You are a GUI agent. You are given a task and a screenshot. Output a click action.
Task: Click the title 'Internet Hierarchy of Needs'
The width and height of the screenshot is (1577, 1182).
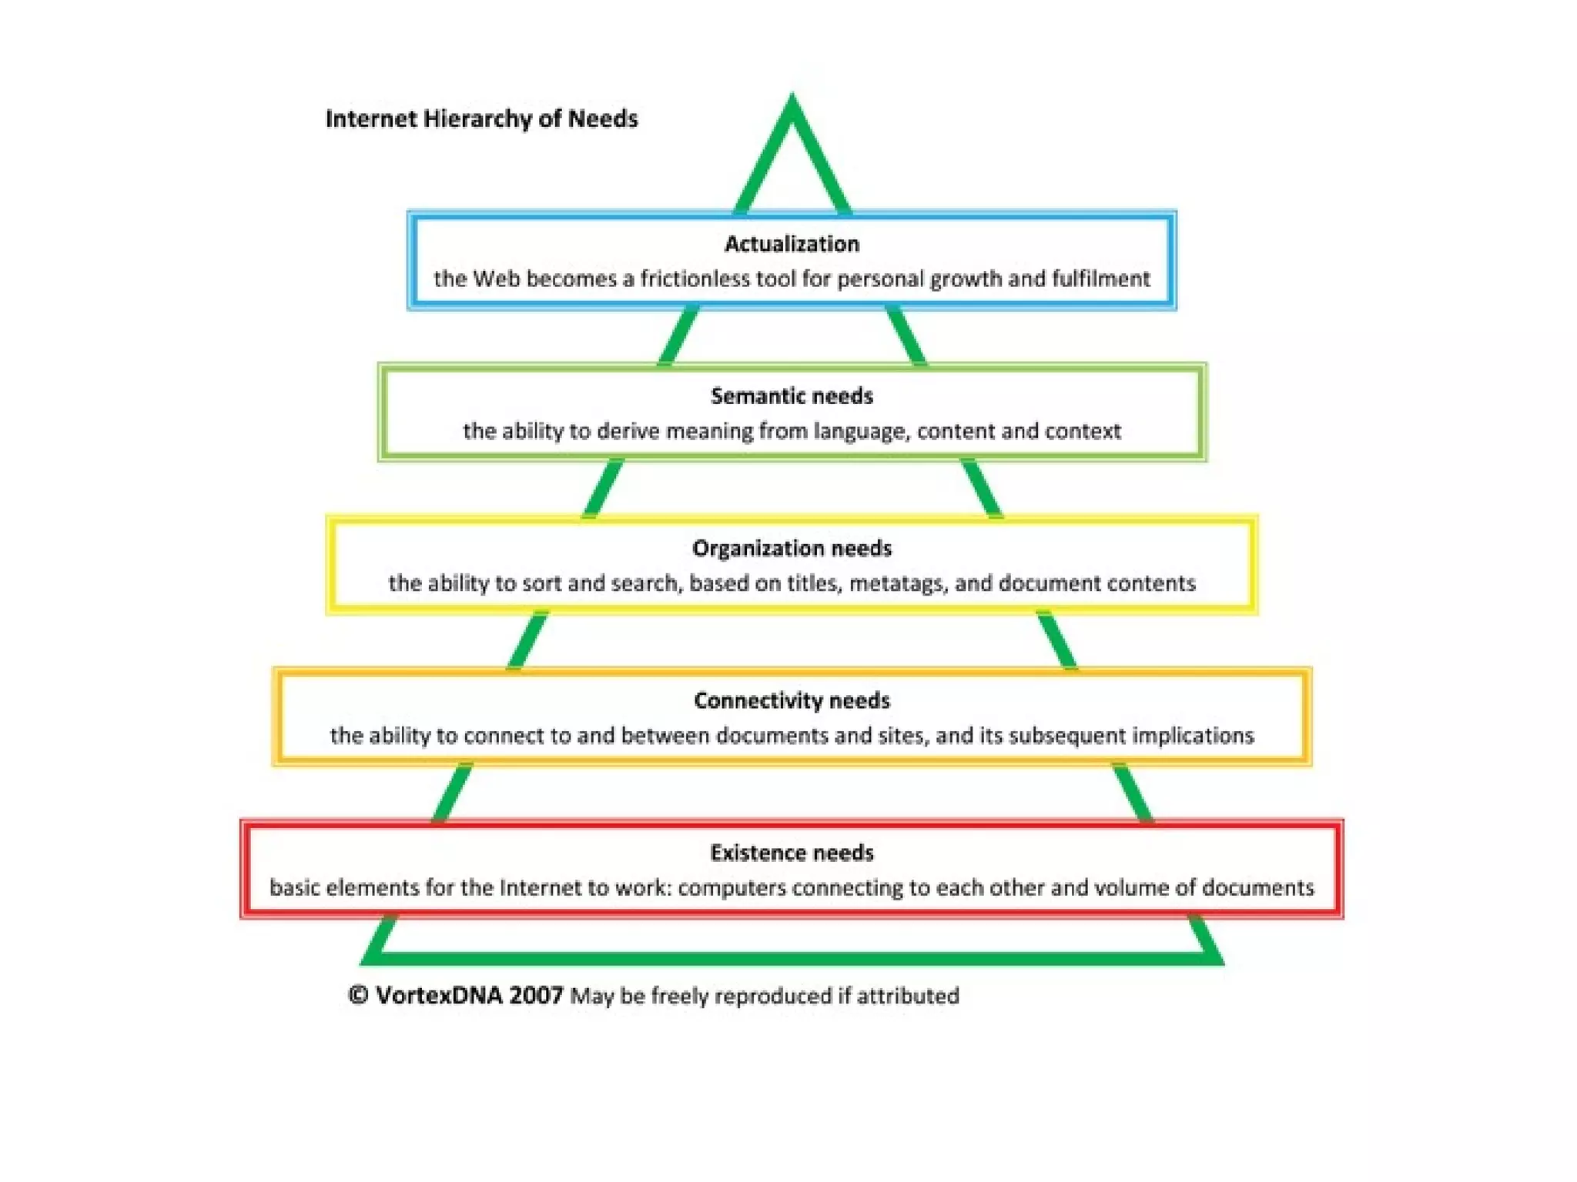coord(481,119)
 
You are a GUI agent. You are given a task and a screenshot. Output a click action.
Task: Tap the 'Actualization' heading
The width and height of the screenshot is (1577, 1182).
coord(792,244)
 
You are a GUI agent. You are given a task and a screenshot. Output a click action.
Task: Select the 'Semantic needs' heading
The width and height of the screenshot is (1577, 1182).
coord(792,396)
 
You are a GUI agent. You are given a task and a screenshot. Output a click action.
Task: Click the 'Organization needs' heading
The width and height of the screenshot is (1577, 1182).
coord(792,549)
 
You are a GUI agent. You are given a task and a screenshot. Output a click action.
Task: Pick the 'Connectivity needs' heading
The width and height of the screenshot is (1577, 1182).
coord(792,700)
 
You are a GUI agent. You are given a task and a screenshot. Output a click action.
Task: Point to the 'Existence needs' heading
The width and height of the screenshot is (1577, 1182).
coord(792,853)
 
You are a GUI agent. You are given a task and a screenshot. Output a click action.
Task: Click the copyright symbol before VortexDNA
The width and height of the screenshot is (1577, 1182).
coord(358,995)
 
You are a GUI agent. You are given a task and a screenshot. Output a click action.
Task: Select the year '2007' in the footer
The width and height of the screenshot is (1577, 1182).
coord(536,995)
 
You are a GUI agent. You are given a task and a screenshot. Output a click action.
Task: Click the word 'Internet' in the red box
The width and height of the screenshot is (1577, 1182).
coord(540,888)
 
